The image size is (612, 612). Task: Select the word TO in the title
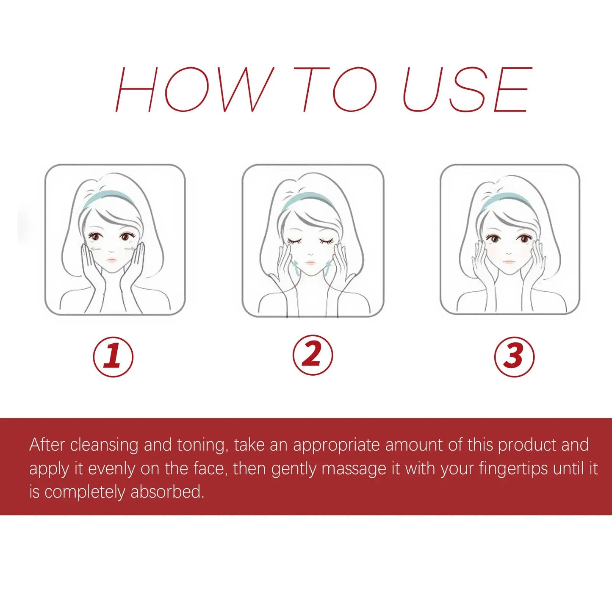pos(335,90)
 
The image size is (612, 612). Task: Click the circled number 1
pos(113,356)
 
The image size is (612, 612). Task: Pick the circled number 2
pos(313,355)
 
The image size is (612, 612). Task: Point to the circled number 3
pos(514,356)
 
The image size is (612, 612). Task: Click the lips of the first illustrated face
pos(111,260)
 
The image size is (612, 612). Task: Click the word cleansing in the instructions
pos(104,445)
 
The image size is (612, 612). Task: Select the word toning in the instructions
pos(202,445)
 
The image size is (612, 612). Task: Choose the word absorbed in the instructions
pos(167,492)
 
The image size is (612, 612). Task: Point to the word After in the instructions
pos(47,445)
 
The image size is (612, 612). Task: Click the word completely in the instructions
pos(85,492)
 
